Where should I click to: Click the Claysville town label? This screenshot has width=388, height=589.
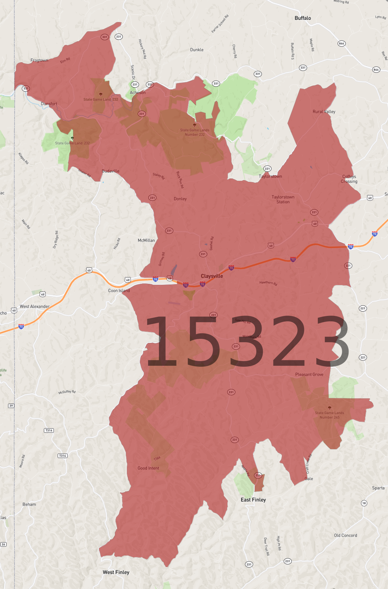(x=212, y=276)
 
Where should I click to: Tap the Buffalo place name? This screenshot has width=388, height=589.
(x=303, y=18)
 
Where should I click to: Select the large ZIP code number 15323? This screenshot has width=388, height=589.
(x=247, y=342)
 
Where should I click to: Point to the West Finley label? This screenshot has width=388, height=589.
(x=116, y=572)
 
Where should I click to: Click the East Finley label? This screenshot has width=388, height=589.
(x=253, y=500)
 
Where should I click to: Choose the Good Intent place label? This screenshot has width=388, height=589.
(x=148, y=468)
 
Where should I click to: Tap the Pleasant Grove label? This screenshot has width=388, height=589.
(x=309, y=374)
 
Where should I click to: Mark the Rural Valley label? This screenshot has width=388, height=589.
(x=324, y=112)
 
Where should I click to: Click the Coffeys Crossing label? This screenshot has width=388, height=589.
(x=349, y=179)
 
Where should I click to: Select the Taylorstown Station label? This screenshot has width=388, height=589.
(x=283, y=199)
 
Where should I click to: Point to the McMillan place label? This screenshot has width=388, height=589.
(x=146, y=240)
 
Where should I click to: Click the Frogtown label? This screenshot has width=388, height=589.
(x=39, y=60)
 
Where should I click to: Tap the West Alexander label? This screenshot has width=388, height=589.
(x=35, y=306)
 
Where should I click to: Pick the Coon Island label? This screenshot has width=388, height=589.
(x=119, y=290)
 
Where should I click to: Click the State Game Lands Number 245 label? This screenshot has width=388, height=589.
(x=329, y=415)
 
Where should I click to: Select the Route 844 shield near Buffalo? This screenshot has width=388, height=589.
(x=341, y=44)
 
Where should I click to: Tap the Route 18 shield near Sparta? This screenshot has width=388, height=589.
(x=364, y=503)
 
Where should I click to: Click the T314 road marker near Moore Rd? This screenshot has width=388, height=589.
(x=62, y=455)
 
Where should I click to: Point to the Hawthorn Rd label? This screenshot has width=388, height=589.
(x=268, y=283)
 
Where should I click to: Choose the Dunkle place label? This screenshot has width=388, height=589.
(x=196, y=50)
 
